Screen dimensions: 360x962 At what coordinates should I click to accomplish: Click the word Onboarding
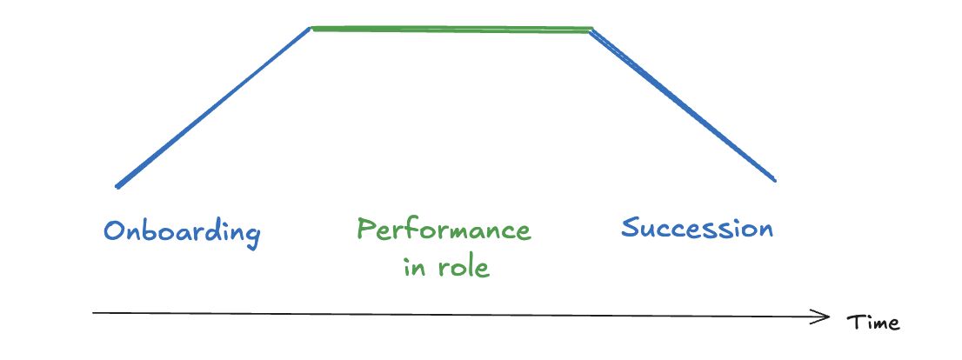[x=182, y=232]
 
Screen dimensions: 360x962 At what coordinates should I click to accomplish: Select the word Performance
[x=444, y=231]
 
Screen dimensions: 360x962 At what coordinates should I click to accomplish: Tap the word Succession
[x=697, y=229]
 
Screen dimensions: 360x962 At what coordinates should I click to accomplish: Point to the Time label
[x=872, y=323]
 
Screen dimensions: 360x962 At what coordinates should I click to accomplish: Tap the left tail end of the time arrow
[x=94, y=311]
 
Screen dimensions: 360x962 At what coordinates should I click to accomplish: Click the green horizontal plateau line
[x=451, y=30]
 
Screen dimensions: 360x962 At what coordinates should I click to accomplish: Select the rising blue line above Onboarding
[x=213, y=107]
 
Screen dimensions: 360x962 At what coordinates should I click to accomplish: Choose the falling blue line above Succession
[x=683, y=105]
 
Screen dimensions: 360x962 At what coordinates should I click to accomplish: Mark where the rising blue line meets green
[x=311, y=29]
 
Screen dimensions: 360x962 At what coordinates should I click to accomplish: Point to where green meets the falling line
[x=591, y=30]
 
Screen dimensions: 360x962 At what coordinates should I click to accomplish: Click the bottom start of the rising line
[x=117, y=186]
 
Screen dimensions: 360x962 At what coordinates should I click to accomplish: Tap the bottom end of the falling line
[x=773, y=180]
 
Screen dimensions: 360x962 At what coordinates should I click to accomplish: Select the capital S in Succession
[x=632, y=228]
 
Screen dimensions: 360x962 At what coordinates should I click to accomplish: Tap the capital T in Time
[x=853, y=322]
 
